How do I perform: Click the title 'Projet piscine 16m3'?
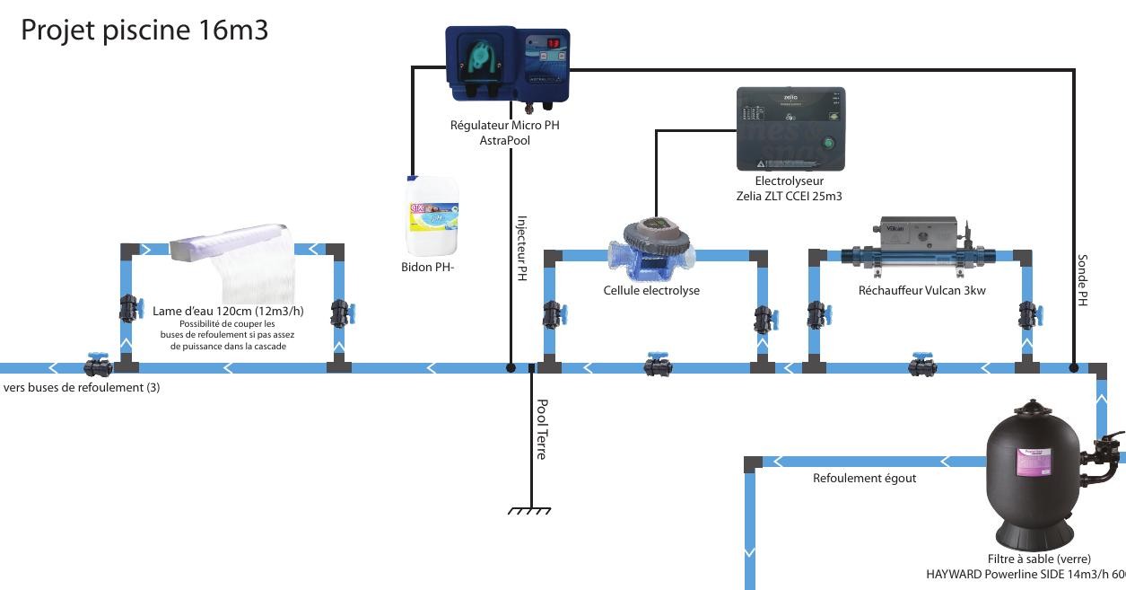tap(144, 31)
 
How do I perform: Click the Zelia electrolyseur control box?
tap(790, 128)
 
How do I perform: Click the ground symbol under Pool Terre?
tap(529, 511)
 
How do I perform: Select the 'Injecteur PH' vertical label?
tap(521, 249)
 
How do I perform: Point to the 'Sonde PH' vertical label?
tap(1082, 281)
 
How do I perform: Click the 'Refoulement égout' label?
tap(864, 479)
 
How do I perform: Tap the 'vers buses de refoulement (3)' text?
tap(83, 388)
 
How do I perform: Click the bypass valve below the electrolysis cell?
tap(658, 365)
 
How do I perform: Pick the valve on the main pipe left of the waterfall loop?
tap(97, 365)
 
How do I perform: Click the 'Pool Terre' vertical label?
tap(541, 430)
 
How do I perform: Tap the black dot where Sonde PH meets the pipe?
tap(1074, 367)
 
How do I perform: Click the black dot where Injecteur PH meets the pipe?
tap(510, 367)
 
